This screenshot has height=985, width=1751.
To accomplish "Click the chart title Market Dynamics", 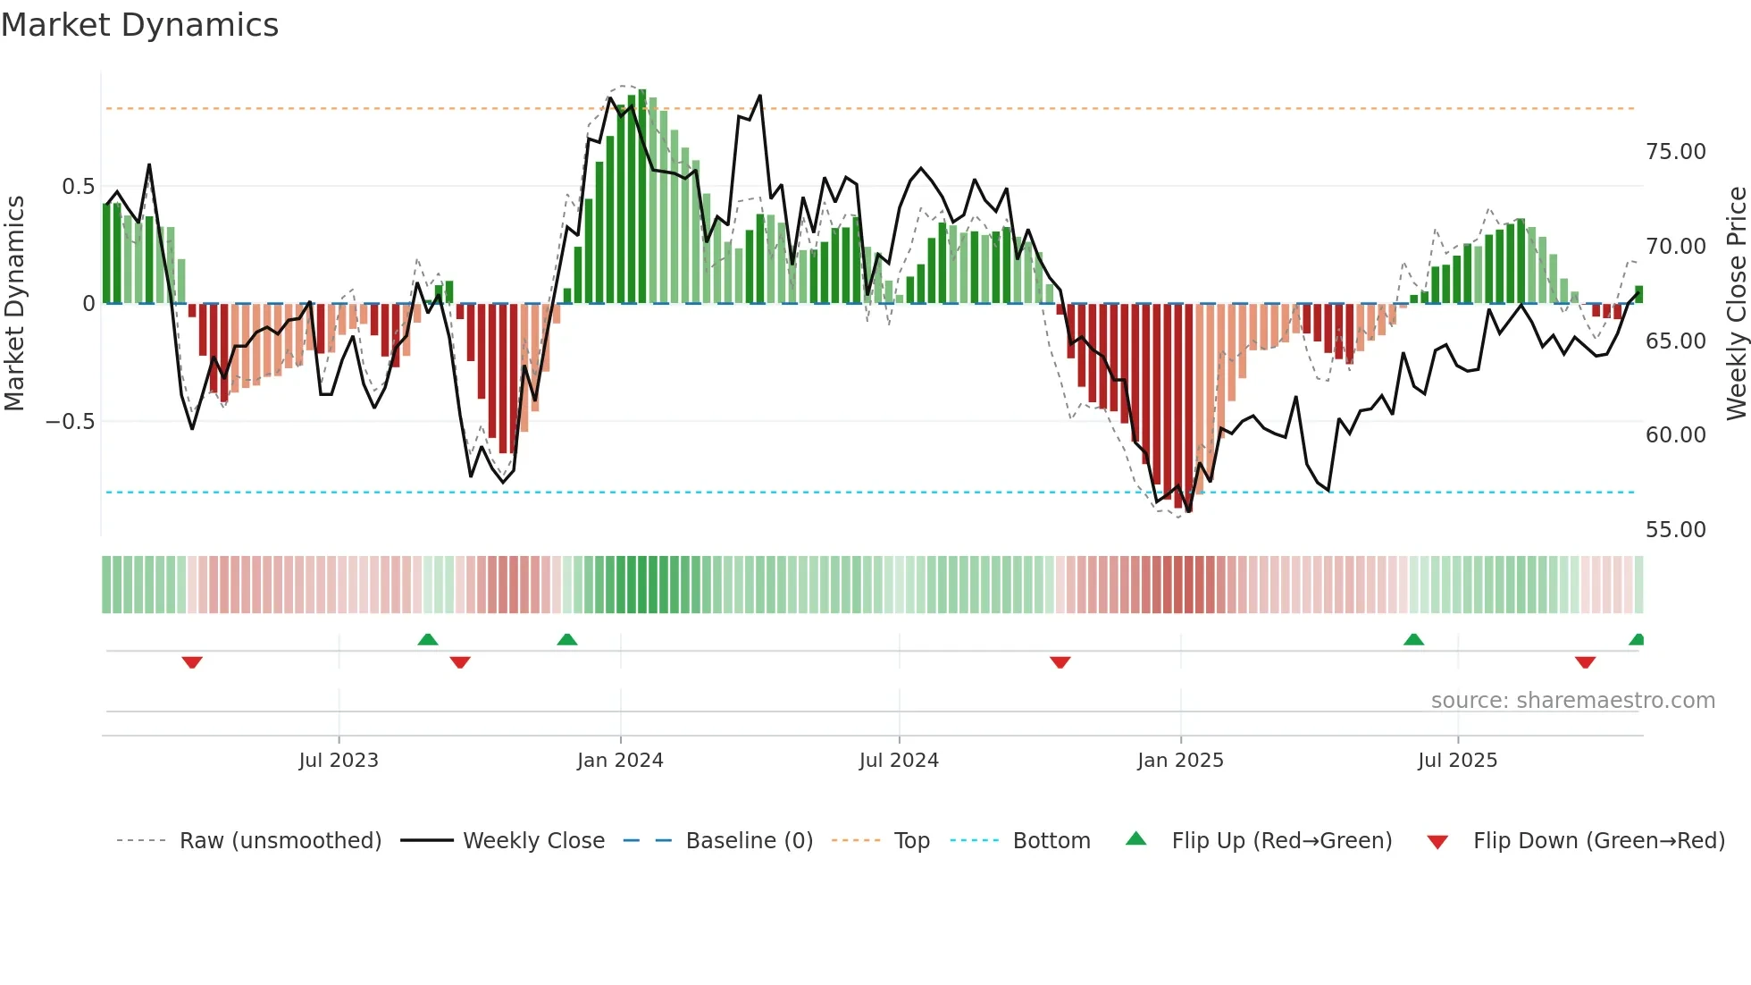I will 140,25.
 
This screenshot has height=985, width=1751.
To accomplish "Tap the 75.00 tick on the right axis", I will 1676,152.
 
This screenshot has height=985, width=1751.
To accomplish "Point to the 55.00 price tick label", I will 1676,530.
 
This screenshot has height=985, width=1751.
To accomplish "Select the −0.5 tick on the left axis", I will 71,422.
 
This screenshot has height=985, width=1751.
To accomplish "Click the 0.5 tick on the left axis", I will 79,187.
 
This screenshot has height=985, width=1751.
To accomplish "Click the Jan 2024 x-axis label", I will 620,761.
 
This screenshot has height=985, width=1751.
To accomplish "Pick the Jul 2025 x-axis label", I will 1457,761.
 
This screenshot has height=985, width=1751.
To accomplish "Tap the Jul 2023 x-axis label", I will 339,761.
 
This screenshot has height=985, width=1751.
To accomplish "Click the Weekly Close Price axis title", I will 1736,303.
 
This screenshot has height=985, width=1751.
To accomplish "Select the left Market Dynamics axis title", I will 14,303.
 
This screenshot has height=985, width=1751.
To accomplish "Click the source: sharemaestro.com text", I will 1572,701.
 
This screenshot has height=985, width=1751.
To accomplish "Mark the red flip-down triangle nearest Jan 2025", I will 1060,662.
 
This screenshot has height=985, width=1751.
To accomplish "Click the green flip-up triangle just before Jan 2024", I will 566,639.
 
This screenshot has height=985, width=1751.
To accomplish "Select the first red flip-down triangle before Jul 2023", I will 192,662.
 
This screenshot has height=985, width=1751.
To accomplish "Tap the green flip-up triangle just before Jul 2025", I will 1413,639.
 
